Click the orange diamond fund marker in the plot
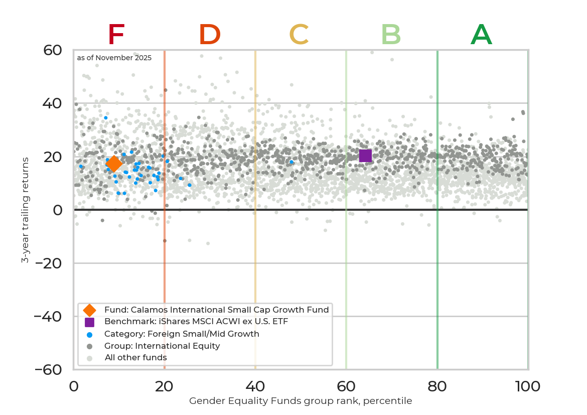[x=114, y=163]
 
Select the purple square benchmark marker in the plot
[x=365, y=156]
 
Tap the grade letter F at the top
[x=116, y=35]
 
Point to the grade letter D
[x=210, y=35]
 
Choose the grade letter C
[x=299, y=35]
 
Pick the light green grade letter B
[x=391, y=35]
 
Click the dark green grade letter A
[x=481, y=35]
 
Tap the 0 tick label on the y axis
[x=58, y=210]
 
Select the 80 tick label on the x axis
[x=437, y=386]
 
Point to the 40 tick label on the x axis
[x=255, y=386]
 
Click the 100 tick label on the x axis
[x=528, y=386]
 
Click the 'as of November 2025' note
[x=114, y=58]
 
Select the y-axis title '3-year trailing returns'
[x=25, y=210]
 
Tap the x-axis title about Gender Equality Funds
[x=301, y=401]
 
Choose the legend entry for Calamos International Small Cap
[x=216, y=310]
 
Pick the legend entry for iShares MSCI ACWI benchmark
[x=196, y=322]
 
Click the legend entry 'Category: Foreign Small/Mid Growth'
[x=182, y=334]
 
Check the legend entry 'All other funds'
[x=135, y=358]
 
